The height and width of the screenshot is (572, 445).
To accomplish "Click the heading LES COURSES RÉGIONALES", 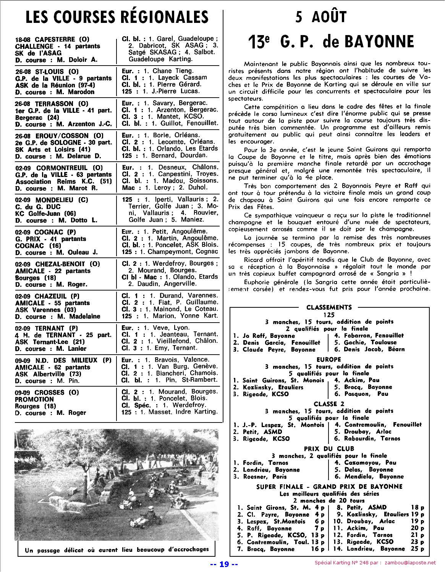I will coord(117,18).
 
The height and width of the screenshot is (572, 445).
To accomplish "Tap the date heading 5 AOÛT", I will coord(320,17).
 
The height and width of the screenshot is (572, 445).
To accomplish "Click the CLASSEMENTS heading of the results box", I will coord(329,307).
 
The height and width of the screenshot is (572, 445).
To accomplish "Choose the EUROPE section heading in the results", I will coord(329,359).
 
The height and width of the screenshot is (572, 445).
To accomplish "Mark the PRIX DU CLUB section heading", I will coord(329,448).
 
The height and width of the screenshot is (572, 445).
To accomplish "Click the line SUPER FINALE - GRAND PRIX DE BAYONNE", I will coord(329,487).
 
